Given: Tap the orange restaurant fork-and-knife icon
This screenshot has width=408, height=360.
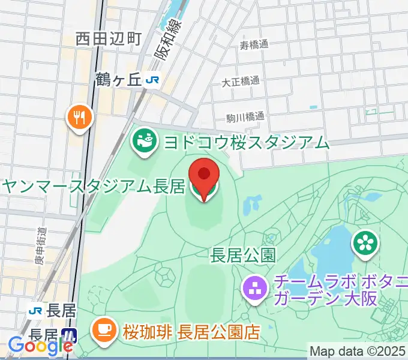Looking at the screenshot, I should pyautogui.click(x=79, y=116).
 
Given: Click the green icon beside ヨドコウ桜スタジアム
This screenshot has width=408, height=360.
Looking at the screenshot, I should pyautogui.click(x=144, y=142).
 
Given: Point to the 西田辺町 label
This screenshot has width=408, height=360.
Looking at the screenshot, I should pyautogui.click(x=109, y=40).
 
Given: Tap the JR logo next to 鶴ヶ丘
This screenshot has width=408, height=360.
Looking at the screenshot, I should pyautogui.click(x=155, y=80).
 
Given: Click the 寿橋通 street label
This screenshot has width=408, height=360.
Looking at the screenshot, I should pyautogui.click(x=254, y=44).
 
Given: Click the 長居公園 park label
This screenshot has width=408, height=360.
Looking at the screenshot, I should pyautogui.click(x=243, y=256).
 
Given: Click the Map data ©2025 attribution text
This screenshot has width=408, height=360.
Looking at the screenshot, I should pyautogui.click(x=358, y=351).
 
